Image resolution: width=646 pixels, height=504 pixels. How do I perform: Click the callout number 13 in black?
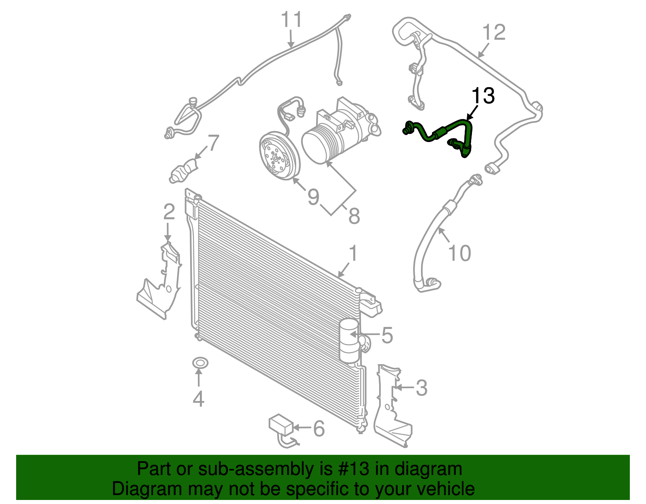[x=483, y=96]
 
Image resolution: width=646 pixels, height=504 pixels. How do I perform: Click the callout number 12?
[x=494, y=32]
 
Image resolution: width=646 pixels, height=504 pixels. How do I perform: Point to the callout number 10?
[x=459, y=253]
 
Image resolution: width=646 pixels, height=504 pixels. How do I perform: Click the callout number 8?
[x=354, y=216]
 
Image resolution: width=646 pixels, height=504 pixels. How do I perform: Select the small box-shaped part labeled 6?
[x=281, y=425]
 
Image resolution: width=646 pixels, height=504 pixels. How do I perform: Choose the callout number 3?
[x=421, y=388]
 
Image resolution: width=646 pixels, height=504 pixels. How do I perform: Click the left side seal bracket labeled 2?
[x=161, y=282]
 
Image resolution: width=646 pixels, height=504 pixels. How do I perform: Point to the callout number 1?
[x=353, y=254]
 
